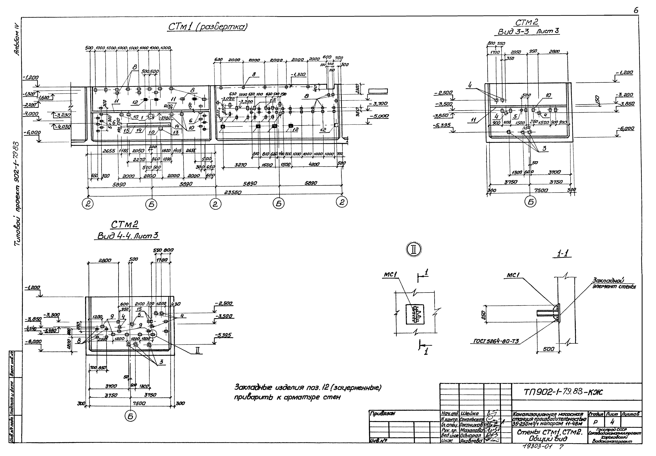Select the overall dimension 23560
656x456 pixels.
(x=233, y=192)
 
